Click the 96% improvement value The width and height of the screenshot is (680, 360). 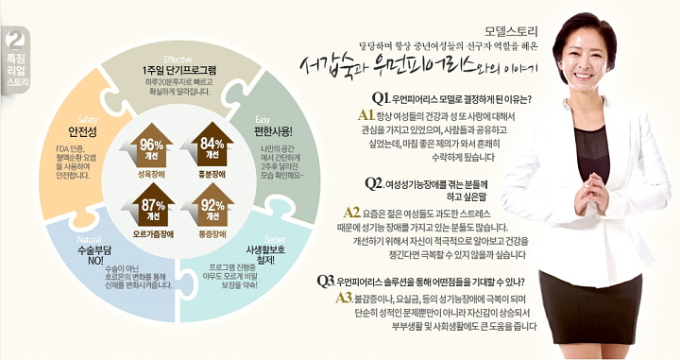[x=150, y=144]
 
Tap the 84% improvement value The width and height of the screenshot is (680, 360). [x=212, y=144]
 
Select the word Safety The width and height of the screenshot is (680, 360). [x=70, y=117]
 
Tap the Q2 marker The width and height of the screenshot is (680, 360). [x=374, y=182]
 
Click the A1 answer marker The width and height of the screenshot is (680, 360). [x=368, y=113]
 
